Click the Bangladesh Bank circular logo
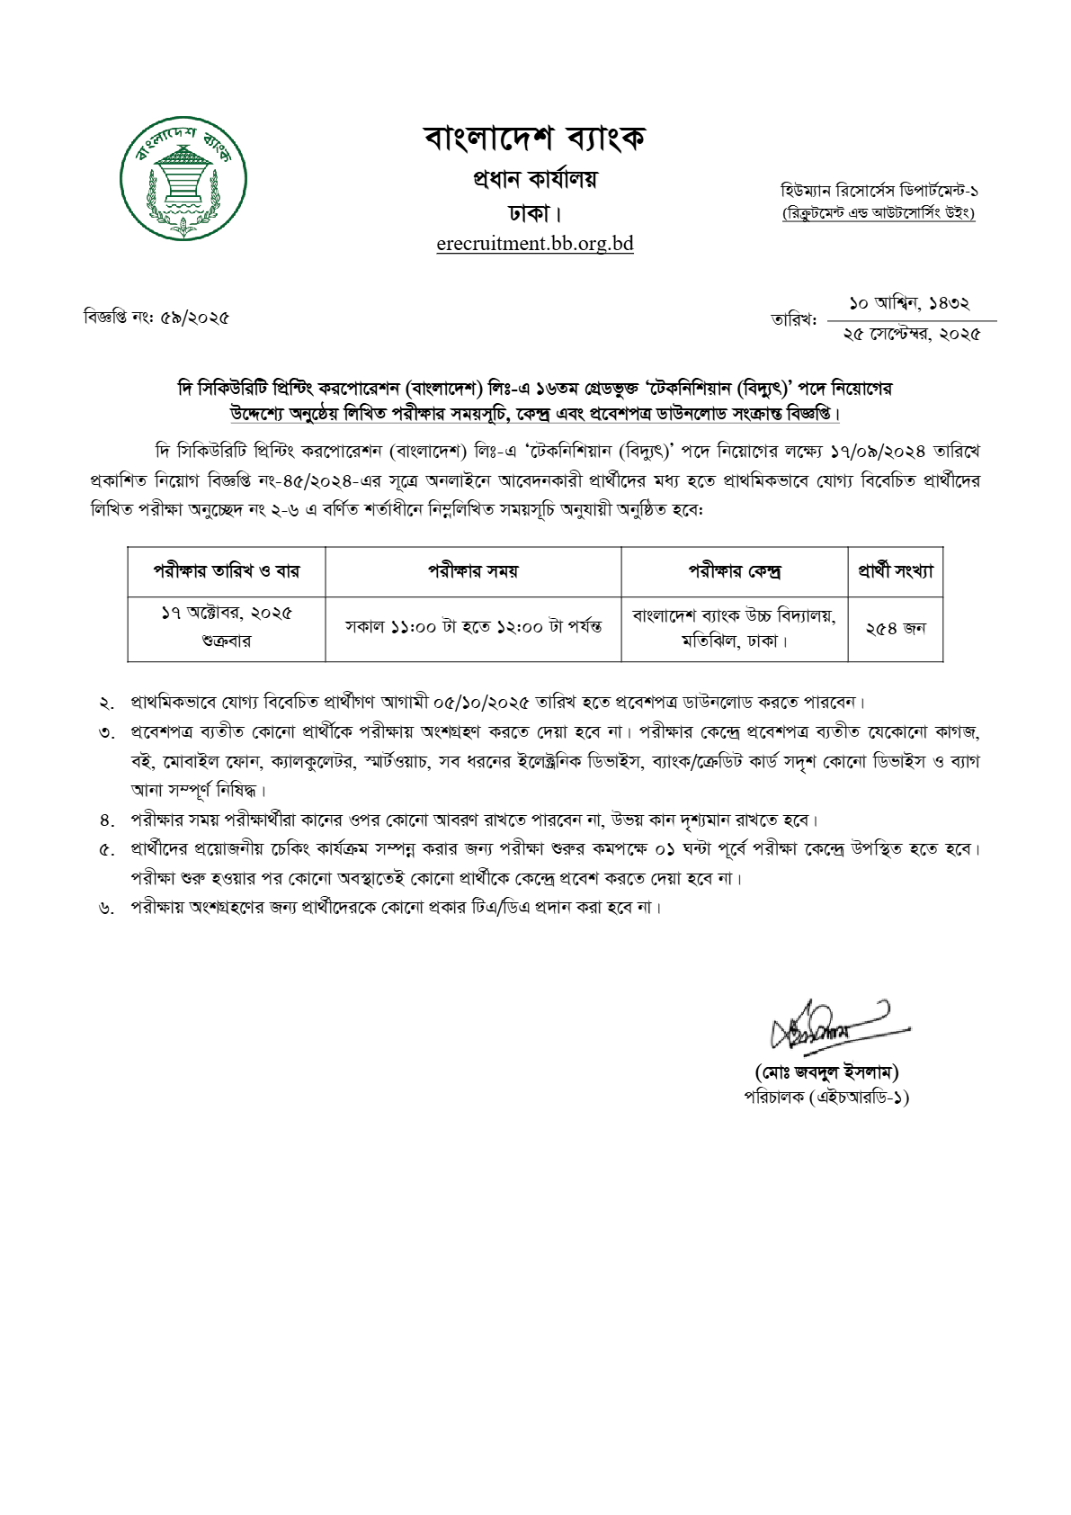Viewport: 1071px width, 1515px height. (183, 177)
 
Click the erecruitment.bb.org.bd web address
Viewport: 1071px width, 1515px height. (535, 244)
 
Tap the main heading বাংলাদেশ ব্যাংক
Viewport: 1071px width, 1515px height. (535, 139)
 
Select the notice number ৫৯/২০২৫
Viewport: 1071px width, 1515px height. (195, 318)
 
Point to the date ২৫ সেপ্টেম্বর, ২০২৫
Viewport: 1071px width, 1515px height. (911, 335)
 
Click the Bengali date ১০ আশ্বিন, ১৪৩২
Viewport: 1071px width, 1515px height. (910, 304)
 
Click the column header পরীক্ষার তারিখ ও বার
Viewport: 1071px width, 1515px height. (227, 571)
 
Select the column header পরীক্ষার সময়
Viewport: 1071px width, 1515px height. (473, 571)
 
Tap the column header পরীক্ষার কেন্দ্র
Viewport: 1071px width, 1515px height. (735, 571)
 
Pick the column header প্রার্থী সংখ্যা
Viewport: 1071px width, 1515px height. (896, 571)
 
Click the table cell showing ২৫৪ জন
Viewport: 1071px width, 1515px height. (896, 629)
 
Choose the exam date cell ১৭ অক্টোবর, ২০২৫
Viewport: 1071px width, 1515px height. (227, 614)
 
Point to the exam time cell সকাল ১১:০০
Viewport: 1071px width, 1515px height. (473, 627)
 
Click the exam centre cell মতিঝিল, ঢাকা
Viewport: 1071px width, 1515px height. (735, 641)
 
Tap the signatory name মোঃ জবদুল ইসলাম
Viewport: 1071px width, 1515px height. (826, 1071)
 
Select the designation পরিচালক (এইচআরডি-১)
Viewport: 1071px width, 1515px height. (826, 1098)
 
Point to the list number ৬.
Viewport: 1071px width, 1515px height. (107, 909)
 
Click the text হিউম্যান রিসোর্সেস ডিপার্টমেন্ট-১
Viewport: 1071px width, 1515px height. (879, 191)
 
